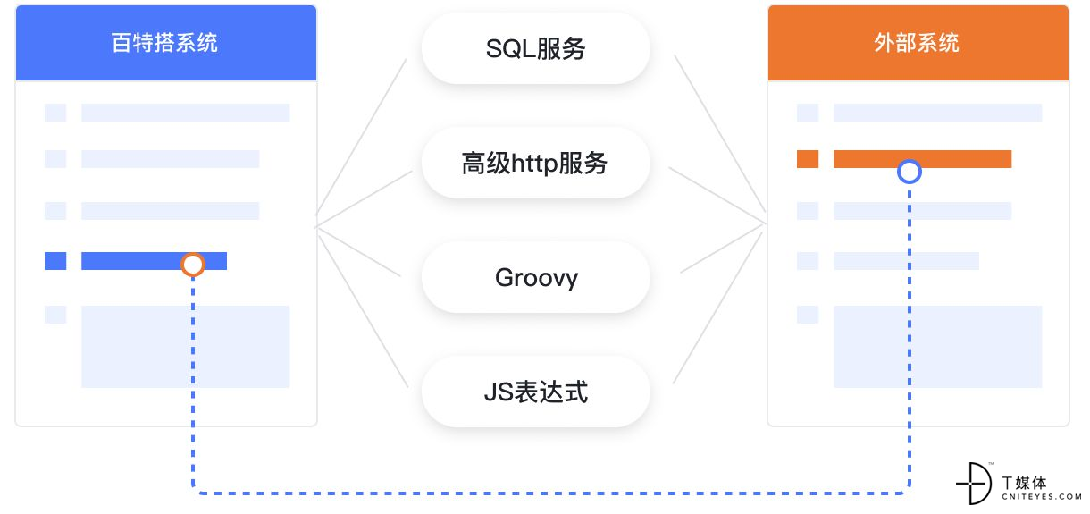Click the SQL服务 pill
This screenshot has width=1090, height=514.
pos(536,48)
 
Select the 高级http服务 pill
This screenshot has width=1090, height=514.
pos(536,163)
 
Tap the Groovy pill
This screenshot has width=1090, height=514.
pos(536,277)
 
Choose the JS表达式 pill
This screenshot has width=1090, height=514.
pos(536,392)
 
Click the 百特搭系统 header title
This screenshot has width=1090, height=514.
pos(164,43)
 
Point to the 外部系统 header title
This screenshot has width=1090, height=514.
pos(917,43)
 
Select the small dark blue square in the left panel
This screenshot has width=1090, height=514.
pos(55,261)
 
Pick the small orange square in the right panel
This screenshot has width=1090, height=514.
pos(808,159)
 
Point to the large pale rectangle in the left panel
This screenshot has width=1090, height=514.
pos(186,347)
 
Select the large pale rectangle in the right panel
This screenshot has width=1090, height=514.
pos(938,347)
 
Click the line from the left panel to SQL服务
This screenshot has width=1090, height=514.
pos(361,137)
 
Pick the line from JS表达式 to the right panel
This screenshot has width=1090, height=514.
pos(718,308)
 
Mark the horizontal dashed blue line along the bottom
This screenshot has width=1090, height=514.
pos(551,493)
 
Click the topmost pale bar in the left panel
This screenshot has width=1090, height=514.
pos(186,113)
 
